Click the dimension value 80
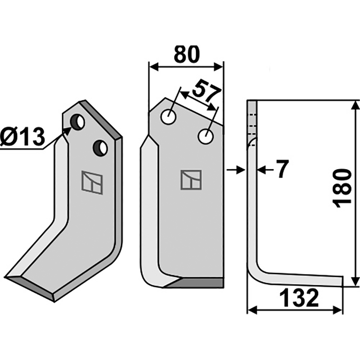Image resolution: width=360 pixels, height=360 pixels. tap(187, 54)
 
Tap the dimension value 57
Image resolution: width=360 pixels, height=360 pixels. tap(207, 92)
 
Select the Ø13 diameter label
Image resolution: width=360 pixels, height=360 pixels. tap(22, 138)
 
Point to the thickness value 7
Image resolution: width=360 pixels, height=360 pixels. tap(282, 169)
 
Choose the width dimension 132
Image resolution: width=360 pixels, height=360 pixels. tap(299, 298)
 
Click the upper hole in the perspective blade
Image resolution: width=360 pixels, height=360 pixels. tap(77, 122)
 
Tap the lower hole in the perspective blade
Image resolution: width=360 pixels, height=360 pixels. tap(100, 148)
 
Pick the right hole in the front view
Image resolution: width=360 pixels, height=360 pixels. tap(206, 136)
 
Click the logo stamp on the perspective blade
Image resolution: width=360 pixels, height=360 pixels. tap(92, 183)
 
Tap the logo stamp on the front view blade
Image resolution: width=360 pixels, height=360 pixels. tap(191, 180)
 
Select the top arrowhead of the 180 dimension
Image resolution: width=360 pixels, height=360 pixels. tap(355, 106)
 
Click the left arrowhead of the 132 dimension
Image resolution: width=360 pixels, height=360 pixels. tap(253, 310)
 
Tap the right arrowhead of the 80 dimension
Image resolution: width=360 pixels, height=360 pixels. tap(218, 67)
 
